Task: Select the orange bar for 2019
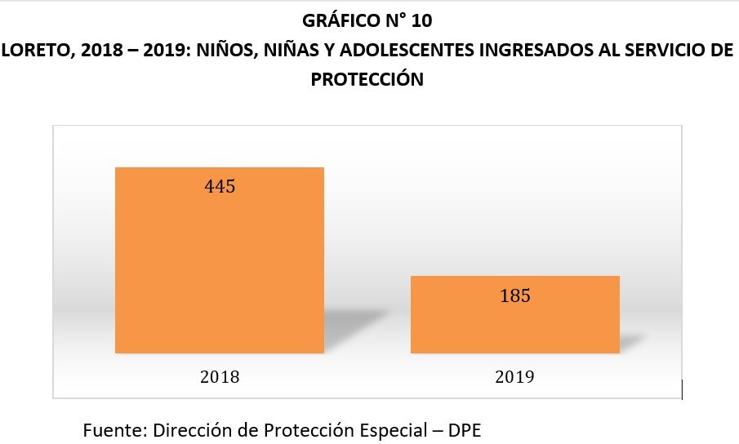(514, 322)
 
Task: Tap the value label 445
(219, 187)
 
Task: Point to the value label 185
(514, 295)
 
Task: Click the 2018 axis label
(219, 377)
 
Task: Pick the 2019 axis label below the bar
(514, 377)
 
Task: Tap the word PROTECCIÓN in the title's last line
(368, 79)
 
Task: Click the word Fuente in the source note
(109, 428)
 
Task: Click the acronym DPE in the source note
(467, 428)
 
